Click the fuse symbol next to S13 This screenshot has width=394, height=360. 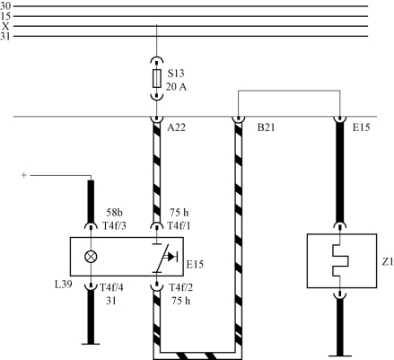point(157,79)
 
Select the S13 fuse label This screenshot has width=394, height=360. point(176,74)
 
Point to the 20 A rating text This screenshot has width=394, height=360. point(176,87)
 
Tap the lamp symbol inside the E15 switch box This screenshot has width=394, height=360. point(91,257)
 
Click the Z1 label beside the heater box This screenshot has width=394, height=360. point(388,262)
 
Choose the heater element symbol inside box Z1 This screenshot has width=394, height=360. point(341,260)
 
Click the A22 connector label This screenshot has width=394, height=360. point(176,127)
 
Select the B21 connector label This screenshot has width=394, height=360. point(266,127)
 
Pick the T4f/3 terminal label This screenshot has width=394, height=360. point(114,225)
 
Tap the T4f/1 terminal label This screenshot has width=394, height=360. point(179,225)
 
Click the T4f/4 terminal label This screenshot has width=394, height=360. point(111,287)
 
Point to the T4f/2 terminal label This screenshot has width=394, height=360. point(181,287)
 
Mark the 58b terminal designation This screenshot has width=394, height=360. point(115,213)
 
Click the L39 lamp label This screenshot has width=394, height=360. point(64,284)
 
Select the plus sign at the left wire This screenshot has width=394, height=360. point(24,175)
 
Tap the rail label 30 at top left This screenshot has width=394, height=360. point(5,6)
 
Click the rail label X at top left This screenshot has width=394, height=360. point(5,26)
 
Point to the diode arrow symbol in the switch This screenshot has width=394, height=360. point(172,257)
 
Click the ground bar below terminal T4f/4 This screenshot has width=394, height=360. point(91,344)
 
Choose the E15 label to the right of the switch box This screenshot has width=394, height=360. point(195,265)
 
